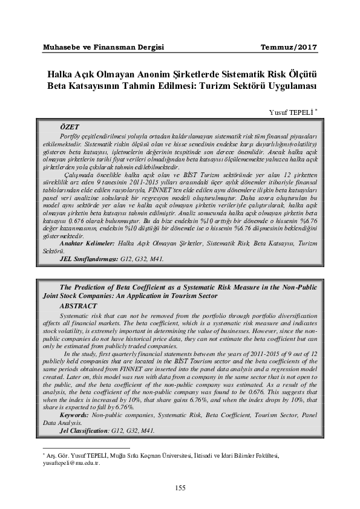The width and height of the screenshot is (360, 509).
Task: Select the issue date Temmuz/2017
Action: coord(288,47)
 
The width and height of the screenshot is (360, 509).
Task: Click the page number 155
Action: coord(180,488)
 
